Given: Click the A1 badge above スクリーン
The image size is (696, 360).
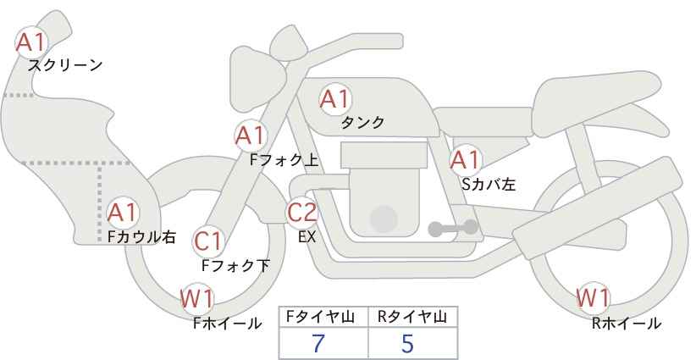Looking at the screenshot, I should click(x=31, y=42).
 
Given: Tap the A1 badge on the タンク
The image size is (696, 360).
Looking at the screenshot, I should click(x=334, y=99).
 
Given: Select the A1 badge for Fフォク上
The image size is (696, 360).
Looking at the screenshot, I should click(x=251, y=136).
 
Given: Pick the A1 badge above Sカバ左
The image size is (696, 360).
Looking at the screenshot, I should click(x=465, y=159).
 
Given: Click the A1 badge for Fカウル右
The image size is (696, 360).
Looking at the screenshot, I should click(x=124, y=212).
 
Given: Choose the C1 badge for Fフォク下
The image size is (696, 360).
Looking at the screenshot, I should click(x=207, y=242).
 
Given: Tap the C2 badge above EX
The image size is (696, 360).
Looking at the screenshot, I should click(x=302, y=212).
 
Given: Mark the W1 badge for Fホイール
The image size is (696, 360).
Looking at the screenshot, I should click(x=197, y=299).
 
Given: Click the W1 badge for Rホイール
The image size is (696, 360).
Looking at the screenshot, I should click(x=593, y=298).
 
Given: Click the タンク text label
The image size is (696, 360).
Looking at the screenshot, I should click(x=362, y=123).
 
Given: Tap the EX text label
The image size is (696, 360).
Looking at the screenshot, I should click(x=307, y=237).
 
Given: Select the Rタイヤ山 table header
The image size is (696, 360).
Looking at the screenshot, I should click(x=412, y=317).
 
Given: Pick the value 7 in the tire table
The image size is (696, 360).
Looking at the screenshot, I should click(x=318, y=343).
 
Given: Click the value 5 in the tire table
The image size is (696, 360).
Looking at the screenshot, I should click(x=407, y=343).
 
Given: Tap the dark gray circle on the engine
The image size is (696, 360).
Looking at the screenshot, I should click(x=384, y=219).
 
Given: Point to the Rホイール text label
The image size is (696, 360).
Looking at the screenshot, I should click(x=627, y=324).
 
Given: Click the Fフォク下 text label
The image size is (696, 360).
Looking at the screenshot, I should click(x=235, y=266).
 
